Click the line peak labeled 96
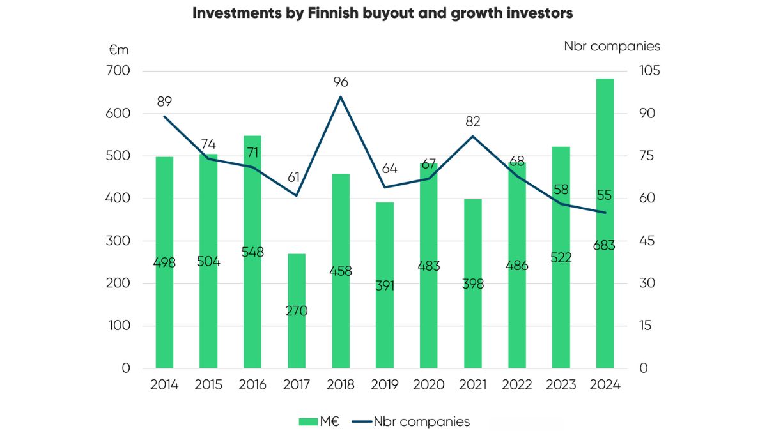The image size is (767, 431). click(x=341, y=96)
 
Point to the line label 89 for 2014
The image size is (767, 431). click(x=164, y=102)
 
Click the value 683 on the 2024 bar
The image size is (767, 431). click(x=605, y=245)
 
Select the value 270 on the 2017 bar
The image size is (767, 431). click(x=297, y=311)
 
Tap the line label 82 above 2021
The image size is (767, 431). click(x=473, y=121)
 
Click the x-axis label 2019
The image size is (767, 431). click(x=385, y=385)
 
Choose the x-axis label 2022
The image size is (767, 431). click(x=516, y=385)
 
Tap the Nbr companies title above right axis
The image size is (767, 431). click(x=612, y=46)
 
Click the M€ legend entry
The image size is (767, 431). click(x=322, y=421)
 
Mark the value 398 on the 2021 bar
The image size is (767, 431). click(x=473, y=284)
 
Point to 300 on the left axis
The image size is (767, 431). click(x=120, y=241)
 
